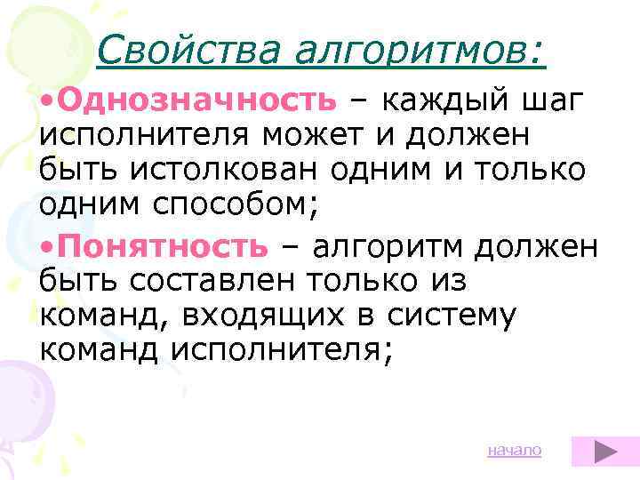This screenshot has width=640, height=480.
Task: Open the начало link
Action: click(x=514, y=451)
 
